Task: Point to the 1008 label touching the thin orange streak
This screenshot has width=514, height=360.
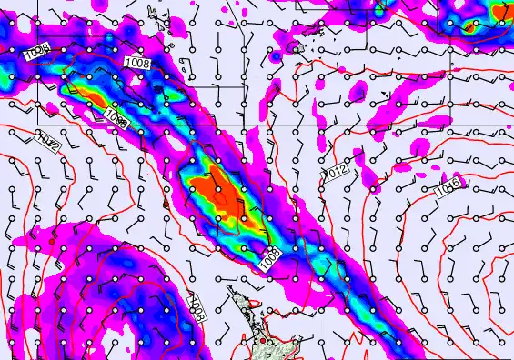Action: [x=115, y=117]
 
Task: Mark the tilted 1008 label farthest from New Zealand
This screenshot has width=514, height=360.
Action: [x=36, y=54]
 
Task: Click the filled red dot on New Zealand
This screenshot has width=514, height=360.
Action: [x=263, y=341]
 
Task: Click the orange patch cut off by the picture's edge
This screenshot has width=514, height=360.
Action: [x=503, y=14]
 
